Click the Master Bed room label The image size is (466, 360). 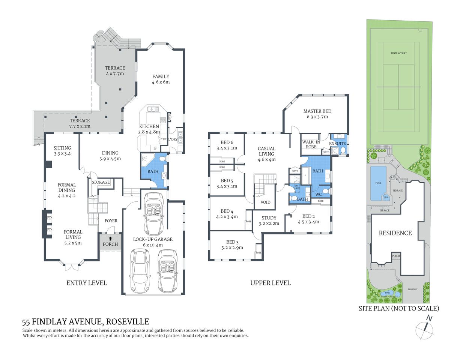tap(317, 111)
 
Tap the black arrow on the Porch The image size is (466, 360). tap(110, 238)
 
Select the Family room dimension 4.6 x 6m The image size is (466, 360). tap(161, 82)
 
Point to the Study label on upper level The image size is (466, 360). tap(269, 218)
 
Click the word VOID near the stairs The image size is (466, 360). tap(265, 202)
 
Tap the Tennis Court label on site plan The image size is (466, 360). tap(398, 53)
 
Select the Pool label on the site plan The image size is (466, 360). tap(378, 183)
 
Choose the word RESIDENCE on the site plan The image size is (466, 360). tap(395, 233)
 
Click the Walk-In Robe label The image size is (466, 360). tap(311, 144)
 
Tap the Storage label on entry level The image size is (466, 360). tap(101, 182)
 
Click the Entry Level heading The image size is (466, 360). tap(86, 283)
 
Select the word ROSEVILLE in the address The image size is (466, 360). tap(128, 322)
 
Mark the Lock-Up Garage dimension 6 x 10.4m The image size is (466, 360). tap(153, 245)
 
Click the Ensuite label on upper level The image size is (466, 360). tap(337, 144)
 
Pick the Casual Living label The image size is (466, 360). tap(266, 151)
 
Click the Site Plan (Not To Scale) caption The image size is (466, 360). tap(398, 308)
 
